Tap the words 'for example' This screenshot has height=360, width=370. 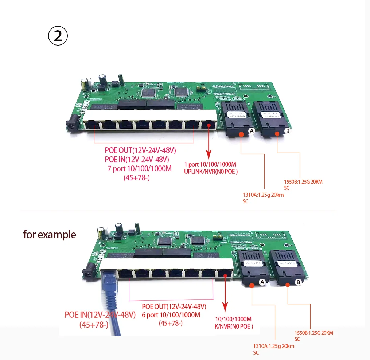(x=50, y=234)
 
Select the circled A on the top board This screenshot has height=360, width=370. (x=251, y=131)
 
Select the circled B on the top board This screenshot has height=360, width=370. (x=287, y=130)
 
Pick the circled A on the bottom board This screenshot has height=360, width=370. (x=262, y=282)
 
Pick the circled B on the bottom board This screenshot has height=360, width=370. (x=298, y=282)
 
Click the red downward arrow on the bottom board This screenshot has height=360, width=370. (x=225, y=291)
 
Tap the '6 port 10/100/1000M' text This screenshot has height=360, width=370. (x=171, y=315)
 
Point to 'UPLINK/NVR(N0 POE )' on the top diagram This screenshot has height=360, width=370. (x=211, y=172)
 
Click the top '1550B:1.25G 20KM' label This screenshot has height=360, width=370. (x=303, y=181)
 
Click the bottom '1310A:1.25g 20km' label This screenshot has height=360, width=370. (x=273, y=346)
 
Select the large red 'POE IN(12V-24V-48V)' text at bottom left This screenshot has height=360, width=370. (x=100, y=315)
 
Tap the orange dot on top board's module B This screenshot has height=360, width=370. (x=277, y=134)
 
